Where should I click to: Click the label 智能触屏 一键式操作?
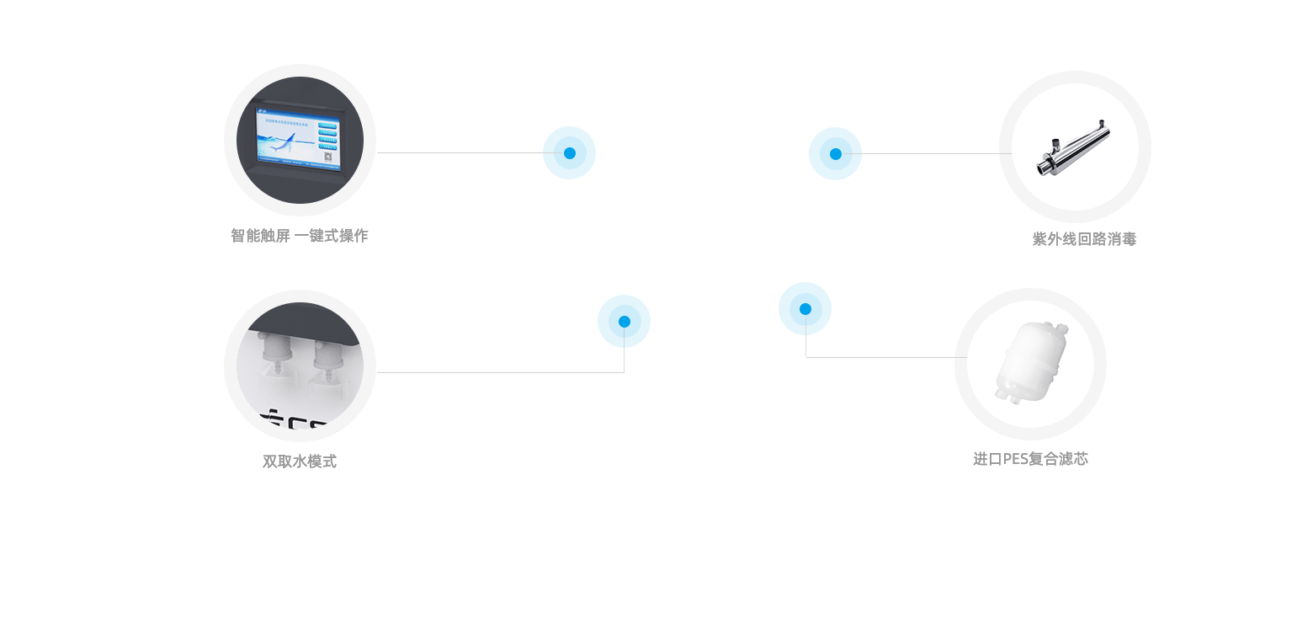(x=300, y=236)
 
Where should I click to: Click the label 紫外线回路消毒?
(x=1084, y=239)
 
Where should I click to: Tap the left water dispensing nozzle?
(x=273, y=354)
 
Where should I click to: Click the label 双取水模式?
(x=300, y=461)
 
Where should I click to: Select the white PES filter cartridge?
(x=1029, y=363)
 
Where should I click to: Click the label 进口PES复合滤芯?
(x=1030, y=459)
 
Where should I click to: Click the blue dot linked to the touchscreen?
(x=569, y=152)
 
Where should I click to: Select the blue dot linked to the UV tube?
(x=835, y=153)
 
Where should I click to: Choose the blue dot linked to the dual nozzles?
(x=624, y=321)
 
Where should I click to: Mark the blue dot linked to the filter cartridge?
(x=805, y=308)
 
